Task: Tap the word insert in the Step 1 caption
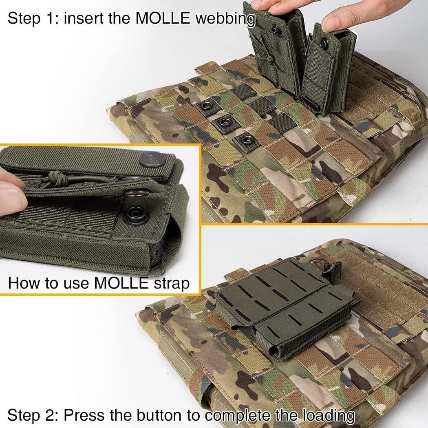87,19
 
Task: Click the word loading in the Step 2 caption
328,416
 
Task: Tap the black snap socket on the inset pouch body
135,215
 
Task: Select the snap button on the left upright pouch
277,29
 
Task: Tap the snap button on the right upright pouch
324,43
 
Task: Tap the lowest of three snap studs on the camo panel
247,140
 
